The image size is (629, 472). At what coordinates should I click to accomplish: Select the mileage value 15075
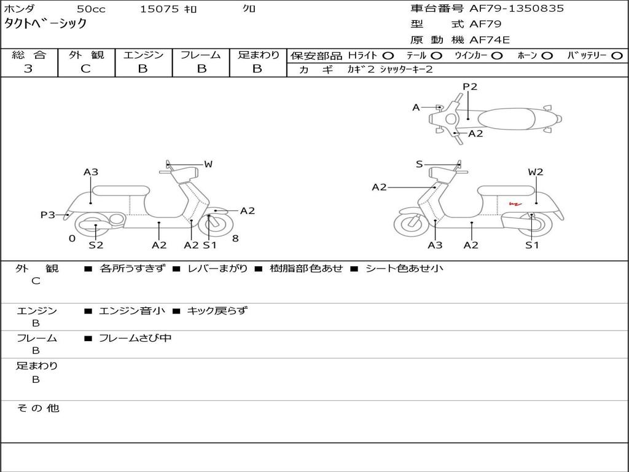pos(159,9)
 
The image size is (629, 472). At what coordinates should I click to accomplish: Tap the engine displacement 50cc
pos(90,9)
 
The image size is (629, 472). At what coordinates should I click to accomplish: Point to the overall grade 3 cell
pos(28,69)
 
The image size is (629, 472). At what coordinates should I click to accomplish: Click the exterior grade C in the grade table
pos(85,69)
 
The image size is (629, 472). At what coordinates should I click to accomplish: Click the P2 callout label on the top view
pos(470,87)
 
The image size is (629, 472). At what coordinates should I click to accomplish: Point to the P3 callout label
pos(48,215)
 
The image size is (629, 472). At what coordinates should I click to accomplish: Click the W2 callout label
pos(536,172)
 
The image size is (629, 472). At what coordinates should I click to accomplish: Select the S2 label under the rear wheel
pos(96,245)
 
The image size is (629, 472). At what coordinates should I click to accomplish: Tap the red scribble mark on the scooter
pos(514,203)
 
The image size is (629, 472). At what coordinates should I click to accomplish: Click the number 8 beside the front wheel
pos(235,238)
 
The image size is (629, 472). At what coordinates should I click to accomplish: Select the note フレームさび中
pos(135,338)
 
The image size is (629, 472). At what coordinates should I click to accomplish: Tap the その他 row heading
pos(37,408)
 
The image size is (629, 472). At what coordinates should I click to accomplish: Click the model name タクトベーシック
pos(45,24)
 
